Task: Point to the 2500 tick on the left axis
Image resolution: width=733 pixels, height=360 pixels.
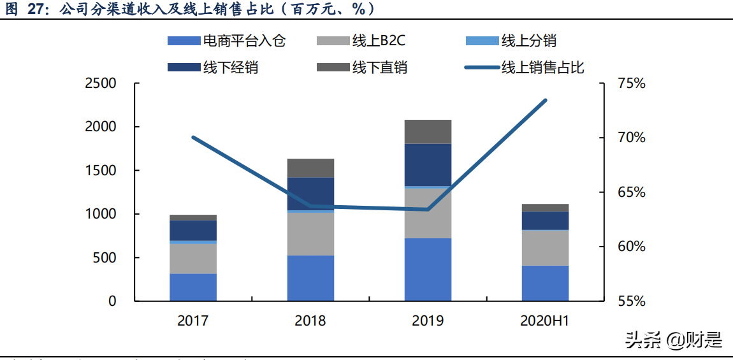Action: click(101, 83)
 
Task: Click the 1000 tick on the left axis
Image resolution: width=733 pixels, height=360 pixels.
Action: click(101, 214)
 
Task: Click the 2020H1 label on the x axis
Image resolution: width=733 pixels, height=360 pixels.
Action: click(545, 320)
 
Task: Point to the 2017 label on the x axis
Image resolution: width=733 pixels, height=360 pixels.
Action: click(193, 320)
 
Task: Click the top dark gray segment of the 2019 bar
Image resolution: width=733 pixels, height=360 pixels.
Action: click(428, 131)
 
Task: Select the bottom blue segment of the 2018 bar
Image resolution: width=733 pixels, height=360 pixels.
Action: click(310, 278)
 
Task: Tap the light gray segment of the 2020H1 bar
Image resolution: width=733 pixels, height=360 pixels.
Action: click(545, 248)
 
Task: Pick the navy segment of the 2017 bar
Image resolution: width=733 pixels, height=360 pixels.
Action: click(193, 230)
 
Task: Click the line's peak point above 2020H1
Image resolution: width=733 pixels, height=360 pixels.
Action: click(546, 100)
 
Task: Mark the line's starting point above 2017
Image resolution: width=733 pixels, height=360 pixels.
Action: click(193, 138)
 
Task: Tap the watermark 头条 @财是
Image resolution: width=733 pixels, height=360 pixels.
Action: click(674, 340)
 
